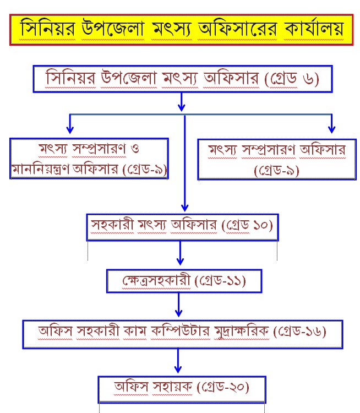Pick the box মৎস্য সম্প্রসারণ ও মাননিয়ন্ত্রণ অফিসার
click(89, 158)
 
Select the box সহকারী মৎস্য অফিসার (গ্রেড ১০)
click(183, 226)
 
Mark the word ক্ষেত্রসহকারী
click(157, 281)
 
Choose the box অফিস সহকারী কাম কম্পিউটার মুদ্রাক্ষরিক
click(182, 333)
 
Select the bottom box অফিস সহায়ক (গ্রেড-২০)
click(182, 388)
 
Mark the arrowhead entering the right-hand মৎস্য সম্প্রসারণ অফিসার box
click(331, 129)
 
